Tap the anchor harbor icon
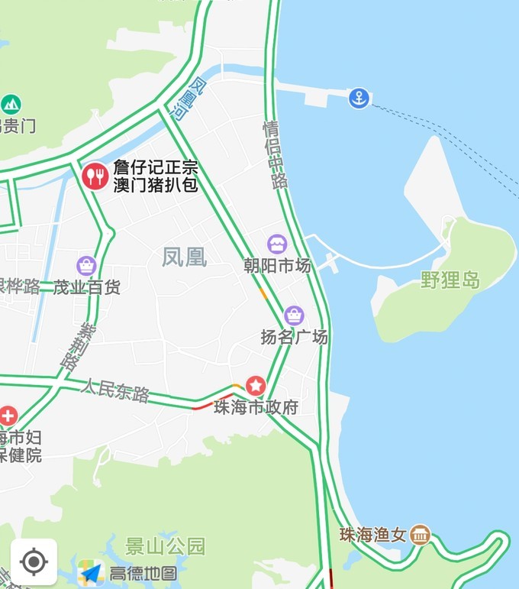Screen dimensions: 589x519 pos(359,98)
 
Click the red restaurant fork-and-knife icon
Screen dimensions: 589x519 pos(95,176)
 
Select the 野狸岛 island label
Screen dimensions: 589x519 pos(450,280)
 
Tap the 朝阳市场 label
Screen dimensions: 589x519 pos(277,266)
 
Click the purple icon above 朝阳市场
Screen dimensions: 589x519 pos(277,244)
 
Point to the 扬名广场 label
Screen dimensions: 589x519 pos(294,337)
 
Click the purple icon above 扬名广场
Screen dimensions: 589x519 pos(294,315)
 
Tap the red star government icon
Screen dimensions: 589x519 pos(255,386)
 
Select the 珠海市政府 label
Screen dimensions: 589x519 pos(256,407)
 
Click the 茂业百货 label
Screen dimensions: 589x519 pos(87,287)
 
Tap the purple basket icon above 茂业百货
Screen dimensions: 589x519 pos(86,265)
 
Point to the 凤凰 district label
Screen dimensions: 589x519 pos(184,257)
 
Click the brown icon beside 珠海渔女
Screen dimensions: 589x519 pos(420,535)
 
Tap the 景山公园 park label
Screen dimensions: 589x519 pos(166,546)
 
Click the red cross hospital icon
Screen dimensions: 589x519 pos(8,416)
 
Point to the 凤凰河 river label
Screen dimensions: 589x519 pos(189,99)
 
